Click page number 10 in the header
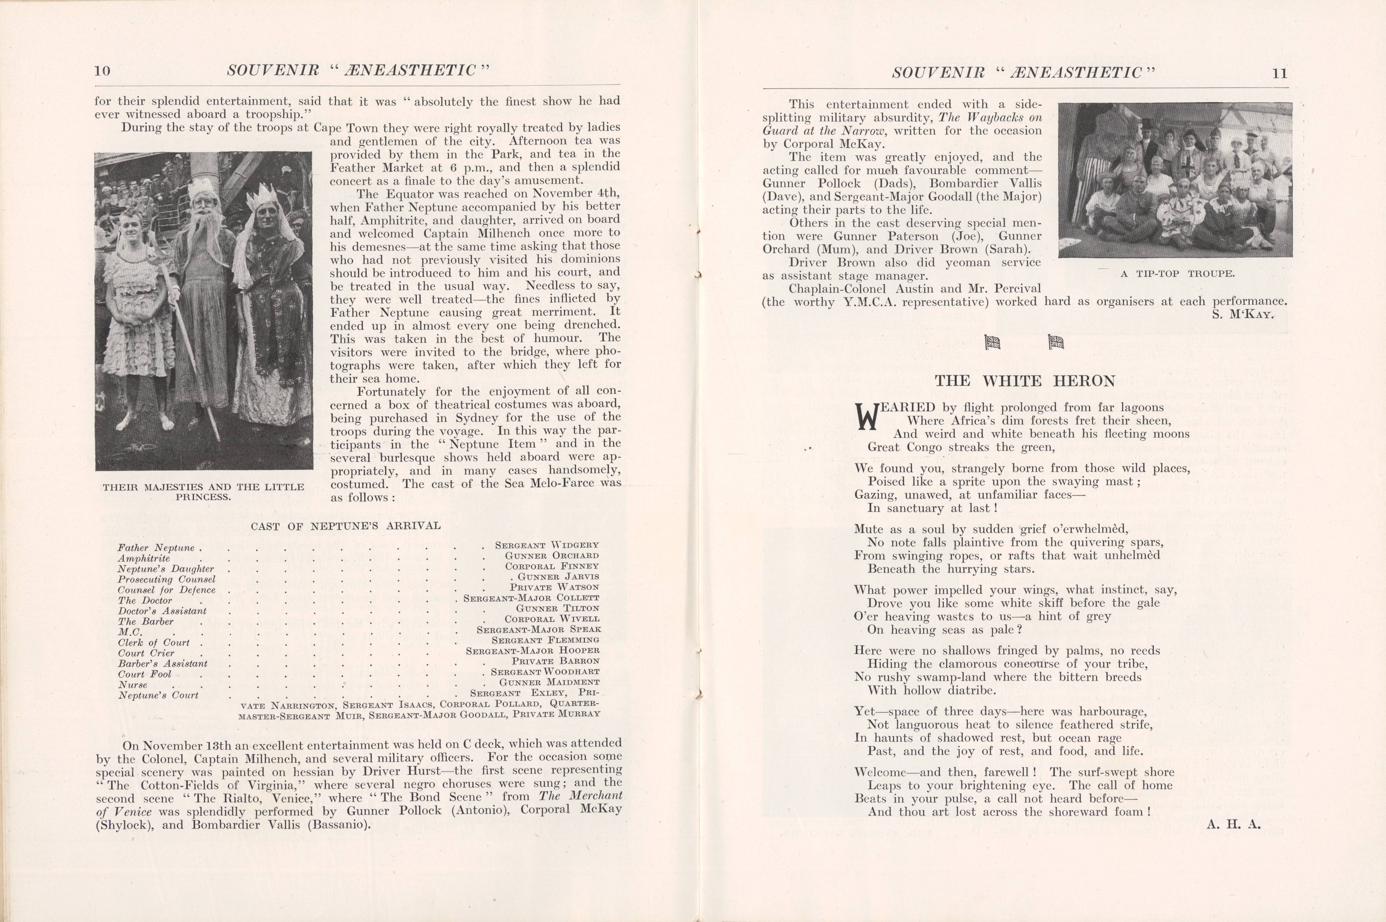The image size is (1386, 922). pos(102,71)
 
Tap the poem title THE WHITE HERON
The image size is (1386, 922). pos(1025,381)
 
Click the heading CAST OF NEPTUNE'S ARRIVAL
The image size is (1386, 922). pos(346,526)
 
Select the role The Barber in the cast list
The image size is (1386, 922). pos(146,622)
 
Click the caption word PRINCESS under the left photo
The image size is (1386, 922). pos(203,497)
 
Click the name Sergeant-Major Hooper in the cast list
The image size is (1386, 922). pos(532,651)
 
